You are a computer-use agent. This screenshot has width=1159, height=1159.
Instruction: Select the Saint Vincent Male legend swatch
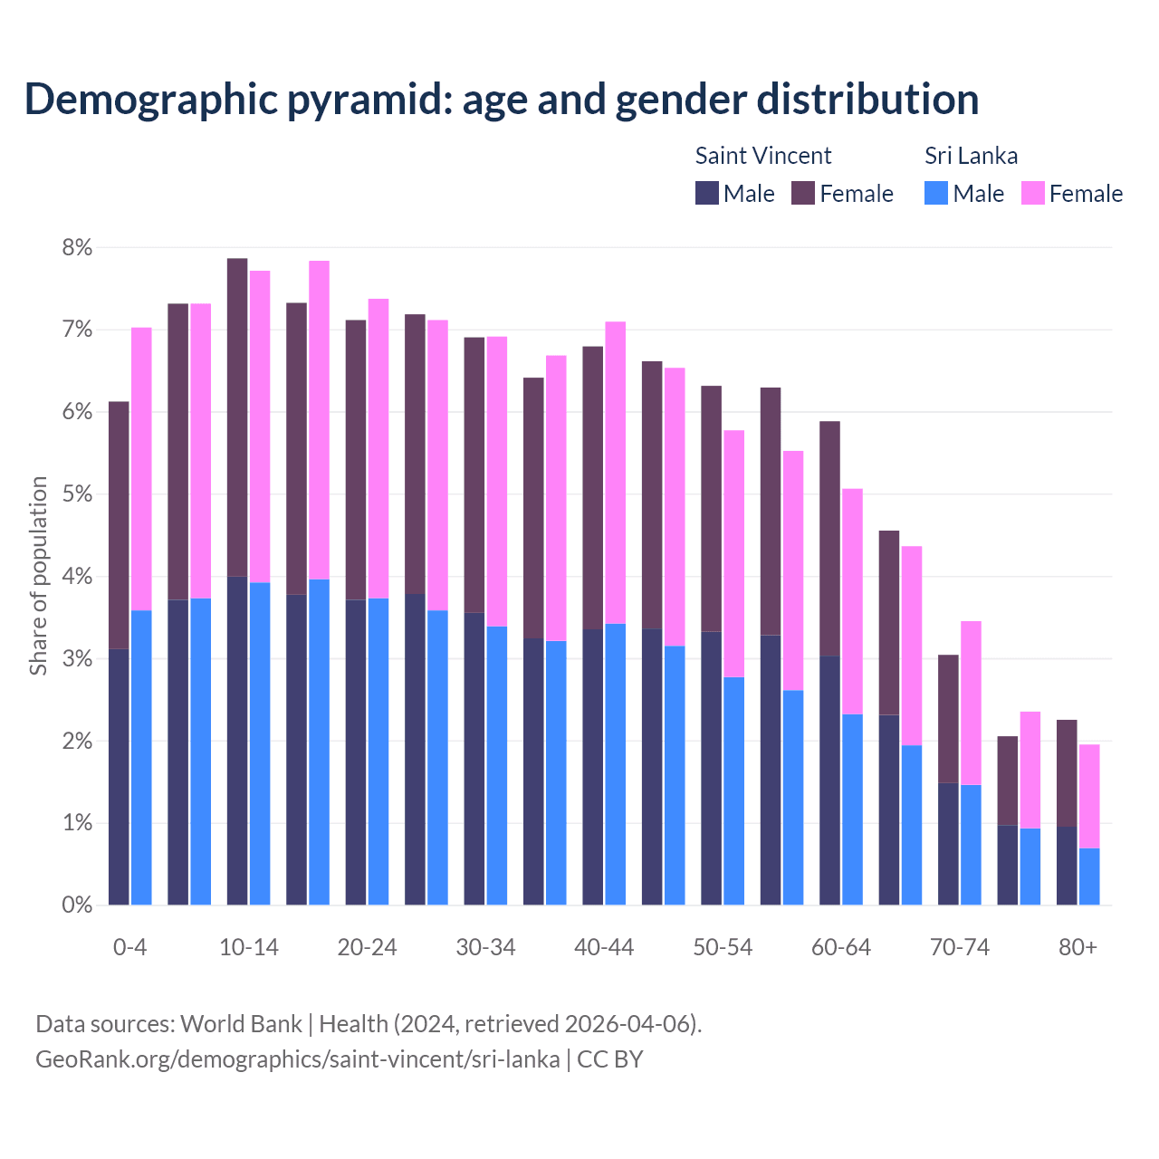click(x=706, y=193)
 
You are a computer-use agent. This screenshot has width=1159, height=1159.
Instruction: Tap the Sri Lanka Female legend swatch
click(x=1032, y=193)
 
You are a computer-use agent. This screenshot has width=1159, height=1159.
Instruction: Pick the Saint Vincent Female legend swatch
click(x=803, y=193)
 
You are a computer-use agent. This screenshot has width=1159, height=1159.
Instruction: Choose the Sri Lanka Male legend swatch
click(x=936, y=193)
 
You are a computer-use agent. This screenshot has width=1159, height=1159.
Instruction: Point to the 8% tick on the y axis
click(x=77, y=247)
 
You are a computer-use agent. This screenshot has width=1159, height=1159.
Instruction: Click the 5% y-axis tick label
click(x=77, y=494)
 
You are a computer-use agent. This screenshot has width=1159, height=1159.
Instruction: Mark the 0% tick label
click(x=77, y=905)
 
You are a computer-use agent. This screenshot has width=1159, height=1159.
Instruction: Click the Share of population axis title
click(x=38, y=576)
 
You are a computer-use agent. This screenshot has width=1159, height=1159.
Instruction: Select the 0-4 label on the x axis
click(x=129, y=948)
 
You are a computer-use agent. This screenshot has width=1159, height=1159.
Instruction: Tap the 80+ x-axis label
click(x=1078, y=948)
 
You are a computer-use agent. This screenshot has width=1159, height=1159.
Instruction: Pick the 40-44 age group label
click(x=604, y=948)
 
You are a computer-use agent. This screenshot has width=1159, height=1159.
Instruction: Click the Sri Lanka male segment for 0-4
click(x=141, y=757)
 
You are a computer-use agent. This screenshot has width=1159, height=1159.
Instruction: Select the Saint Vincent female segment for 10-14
click(x=237, y=417)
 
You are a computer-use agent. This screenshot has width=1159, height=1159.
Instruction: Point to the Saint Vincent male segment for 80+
click(x=1067, y=866)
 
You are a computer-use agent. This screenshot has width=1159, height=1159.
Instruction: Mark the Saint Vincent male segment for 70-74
click(x=948, y=844)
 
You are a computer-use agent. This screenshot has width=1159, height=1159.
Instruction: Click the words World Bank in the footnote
click(x=241, y=1024)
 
